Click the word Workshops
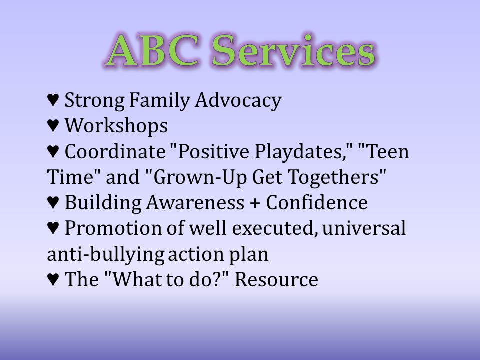(116, 127)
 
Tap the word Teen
(386, 152)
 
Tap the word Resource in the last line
(276, 280)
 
